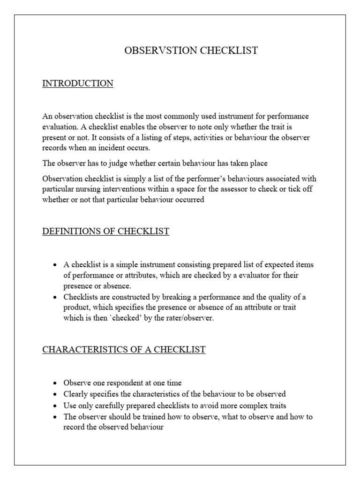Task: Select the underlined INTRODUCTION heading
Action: coord(78,83)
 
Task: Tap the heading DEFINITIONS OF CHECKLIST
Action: coord(105,232)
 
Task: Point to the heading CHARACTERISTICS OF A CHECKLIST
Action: coord(124,350)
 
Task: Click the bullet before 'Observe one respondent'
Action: coord(55,383)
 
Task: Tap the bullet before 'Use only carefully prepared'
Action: coord(55,405)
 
